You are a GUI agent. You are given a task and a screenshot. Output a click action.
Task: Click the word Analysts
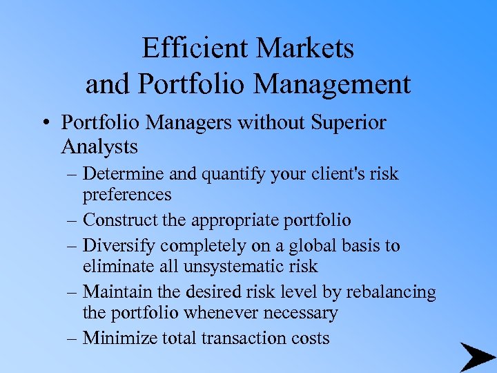click(x=99, y=146)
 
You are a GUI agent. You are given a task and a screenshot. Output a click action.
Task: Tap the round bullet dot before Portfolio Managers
click(x=46, y=124)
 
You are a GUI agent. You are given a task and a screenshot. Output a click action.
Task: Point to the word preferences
click(x=127, y=195)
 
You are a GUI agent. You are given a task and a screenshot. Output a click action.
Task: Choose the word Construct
click(x=117, y=220)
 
